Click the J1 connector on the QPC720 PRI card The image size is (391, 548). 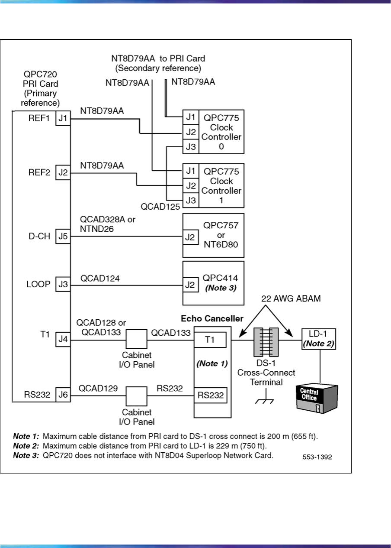[63, 118]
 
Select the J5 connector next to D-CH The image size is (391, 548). [63, 237]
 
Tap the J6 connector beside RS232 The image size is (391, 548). [63, 395]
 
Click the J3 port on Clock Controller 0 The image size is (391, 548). [190, 146]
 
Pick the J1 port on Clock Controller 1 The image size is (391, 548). [190, 171]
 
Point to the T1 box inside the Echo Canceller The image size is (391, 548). [210, 340]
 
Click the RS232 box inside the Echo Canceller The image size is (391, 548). [210, 395]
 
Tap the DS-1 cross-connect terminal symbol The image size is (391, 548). [264, 341]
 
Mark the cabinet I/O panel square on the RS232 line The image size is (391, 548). [137, 396]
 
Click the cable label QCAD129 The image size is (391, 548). [98, 389]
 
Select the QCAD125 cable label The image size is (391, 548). [160, 207]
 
